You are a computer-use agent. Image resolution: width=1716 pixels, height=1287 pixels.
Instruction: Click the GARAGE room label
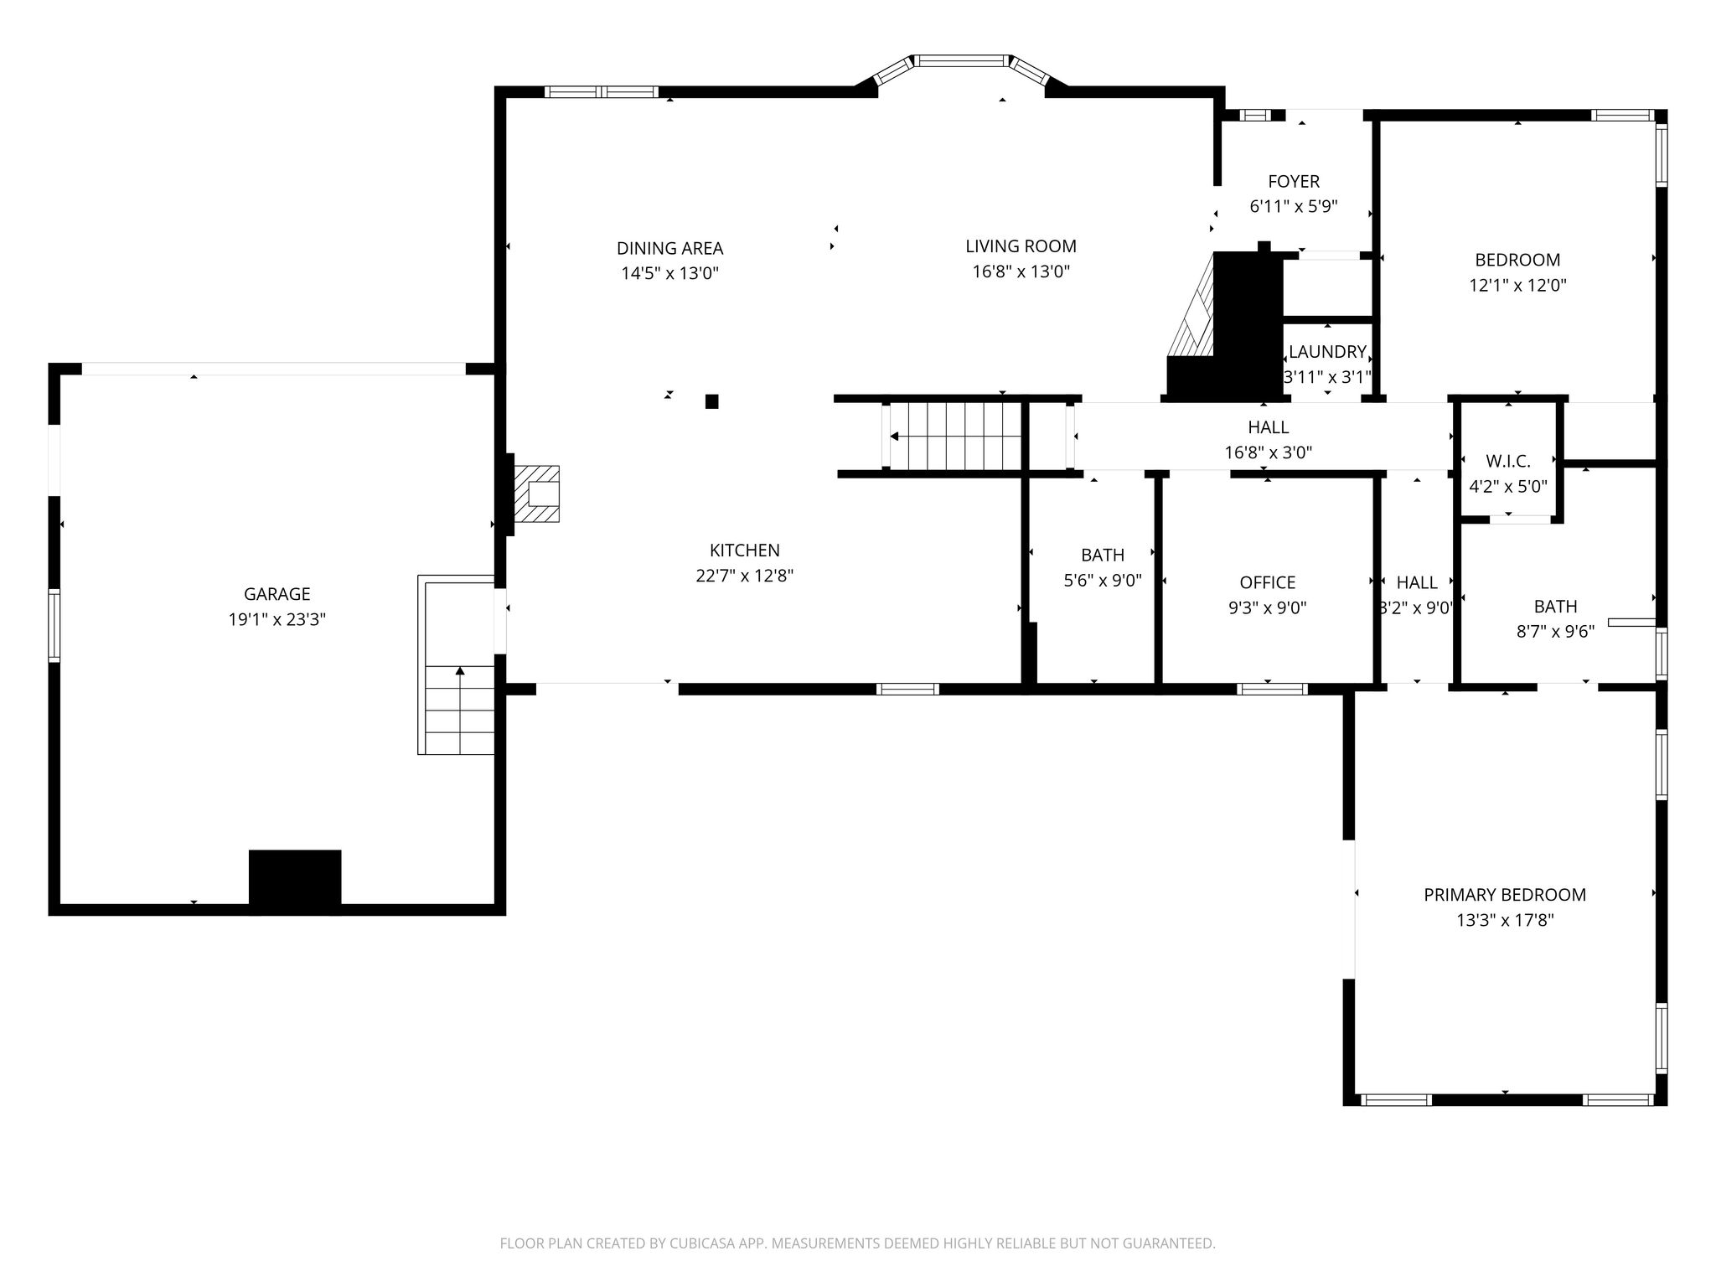(277, 594)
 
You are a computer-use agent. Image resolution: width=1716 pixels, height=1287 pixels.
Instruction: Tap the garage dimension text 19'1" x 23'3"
(277, 620)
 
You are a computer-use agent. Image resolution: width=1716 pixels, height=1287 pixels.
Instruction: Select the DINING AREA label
(669, 248)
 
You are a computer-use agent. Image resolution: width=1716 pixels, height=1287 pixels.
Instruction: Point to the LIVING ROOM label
(1021, 246)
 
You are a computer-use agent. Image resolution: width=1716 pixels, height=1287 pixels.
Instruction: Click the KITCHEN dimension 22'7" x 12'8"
(744, 576)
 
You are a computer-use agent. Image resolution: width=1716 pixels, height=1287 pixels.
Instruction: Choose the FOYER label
(1294, 181)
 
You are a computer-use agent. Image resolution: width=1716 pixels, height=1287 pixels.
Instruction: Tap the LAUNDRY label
(1327, 352)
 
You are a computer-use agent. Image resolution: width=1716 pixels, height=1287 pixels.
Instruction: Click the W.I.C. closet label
(1508, 461)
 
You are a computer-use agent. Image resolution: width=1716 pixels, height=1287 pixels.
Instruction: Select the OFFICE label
(1267, 582)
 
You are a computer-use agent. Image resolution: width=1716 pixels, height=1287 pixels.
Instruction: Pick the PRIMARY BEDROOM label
(1505, 895)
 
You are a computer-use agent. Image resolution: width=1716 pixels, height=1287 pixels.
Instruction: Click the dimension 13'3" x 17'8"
(1505, 921)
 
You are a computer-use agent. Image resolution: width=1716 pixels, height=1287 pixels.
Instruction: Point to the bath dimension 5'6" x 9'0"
(1103, 581)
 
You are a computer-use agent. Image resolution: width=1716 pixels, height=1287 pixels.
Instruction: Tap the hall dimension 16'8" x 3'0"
(1268, 453)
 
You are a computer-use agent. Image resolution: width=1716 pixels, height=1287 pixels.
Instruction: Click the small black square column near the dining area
(711, 401)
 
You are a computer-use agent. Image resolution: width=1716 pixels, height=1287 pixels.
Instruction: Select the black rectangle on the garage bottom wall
(295, 881)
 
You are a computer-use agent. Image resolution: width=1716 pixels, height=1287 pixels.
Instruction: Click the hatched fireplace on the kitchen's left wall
(536, 494)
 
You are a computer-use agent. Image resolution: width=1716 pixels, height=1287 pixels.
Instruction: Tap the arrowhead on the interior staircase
(894, 437)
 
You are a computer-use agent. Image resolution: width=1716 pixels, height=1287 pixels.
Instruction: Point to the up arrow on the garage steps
(460, 671)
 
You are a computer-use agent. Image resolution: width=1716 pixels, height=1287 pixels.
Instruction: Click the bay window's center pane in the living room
(960, 60)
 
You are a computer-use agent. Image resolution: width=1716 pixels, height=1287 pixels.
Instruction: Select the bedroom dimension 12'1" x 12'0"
(1517, 286)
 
